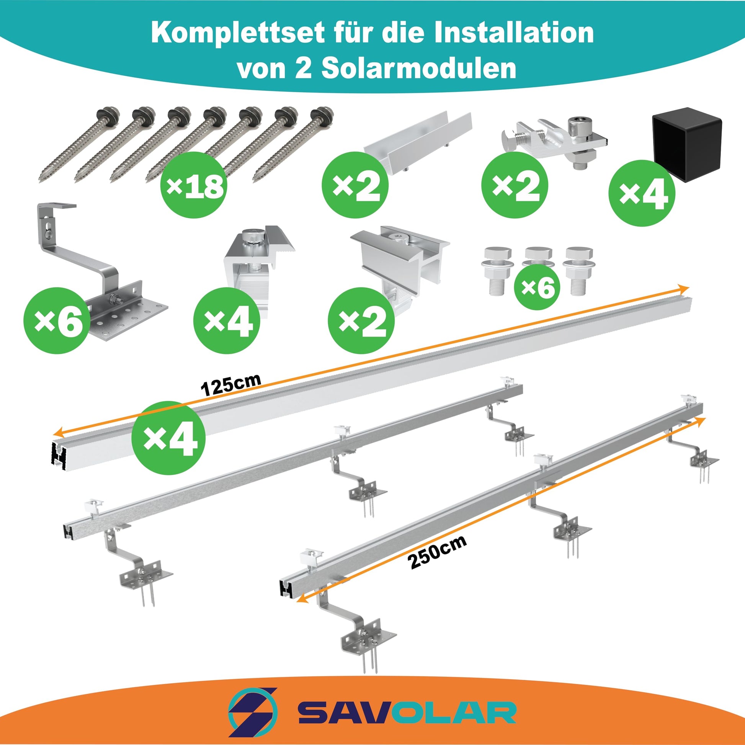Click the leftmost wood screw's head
click(x=106, y=115)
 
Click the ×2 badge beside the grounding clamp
click(x=515, y=185)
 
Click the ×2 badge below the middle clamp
click(x=361, y=320)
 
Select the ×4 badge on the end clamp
click(x=227, y=320)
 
